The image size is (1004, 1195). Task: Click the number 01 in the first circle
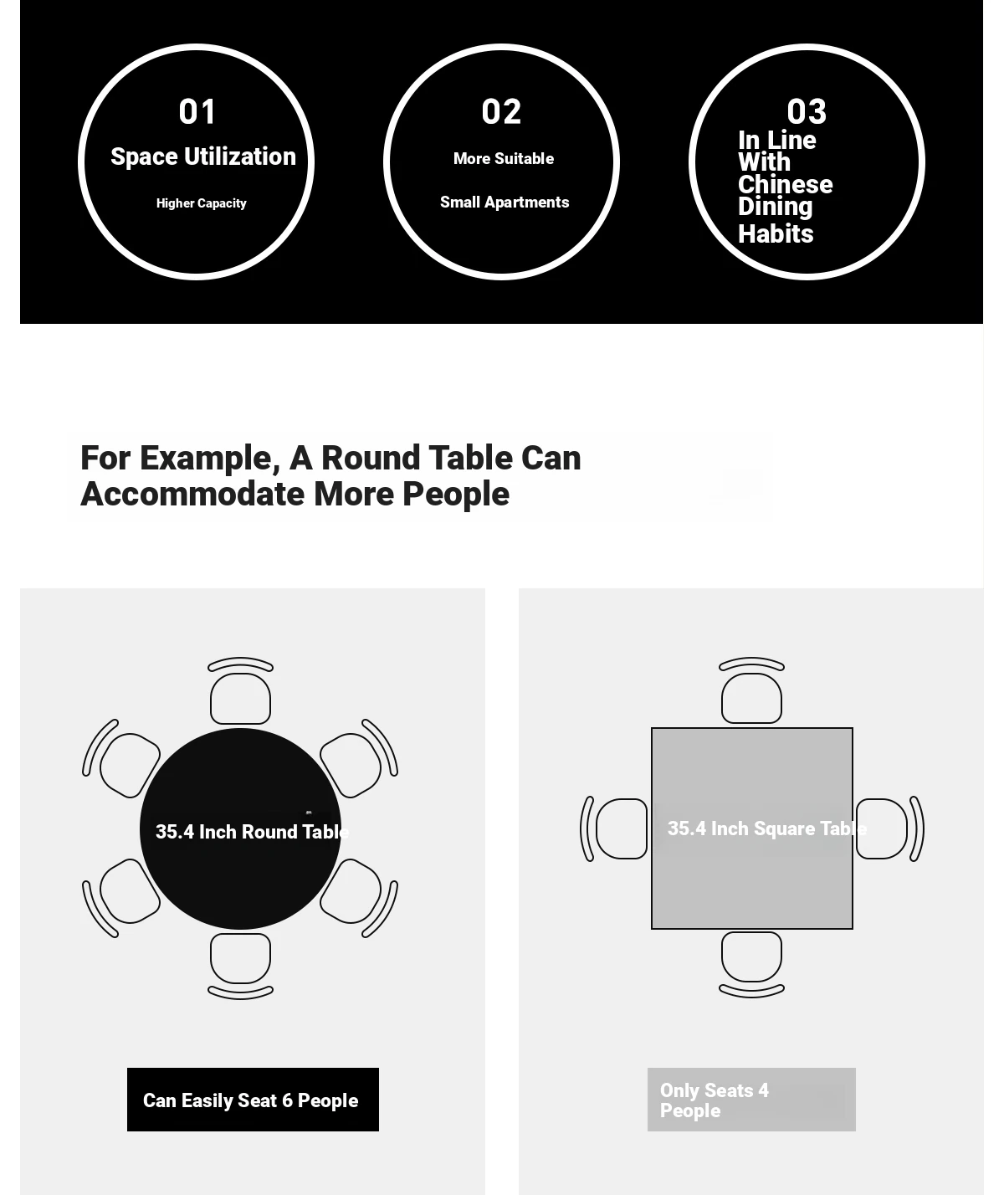pos(197,111)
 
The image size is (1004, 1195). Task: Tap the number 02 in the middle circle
pos(501,111)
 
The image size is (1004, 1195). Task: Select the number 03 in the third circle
pos(807,111)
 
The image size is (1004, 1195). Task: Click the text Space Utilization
pos(203,156)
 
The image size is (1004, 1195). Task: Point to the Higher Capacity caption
pos(202,203)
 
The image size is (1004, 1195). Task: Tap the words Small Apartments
pos(505,202)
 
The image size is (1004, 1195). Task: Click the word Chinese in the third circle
pos(786,184)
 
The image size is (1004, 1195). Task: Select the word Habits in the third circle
pos(776,233)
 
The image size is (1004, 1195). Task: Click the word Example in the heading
pos(210,459)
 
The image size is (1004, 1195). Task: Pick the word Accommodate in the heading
pos(192,494)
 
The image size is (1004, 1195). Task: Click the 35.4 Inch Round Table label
pos(253,832)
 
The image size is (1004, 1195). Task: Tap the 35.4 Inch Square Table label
pos(767,828)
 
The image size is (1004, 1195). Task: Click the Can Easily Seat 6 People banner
pos(253,1100)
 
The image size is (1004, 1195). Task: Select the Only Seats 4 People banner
pos(751,1100)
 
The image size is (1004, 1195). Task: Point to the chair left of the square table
pos(614,828)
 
